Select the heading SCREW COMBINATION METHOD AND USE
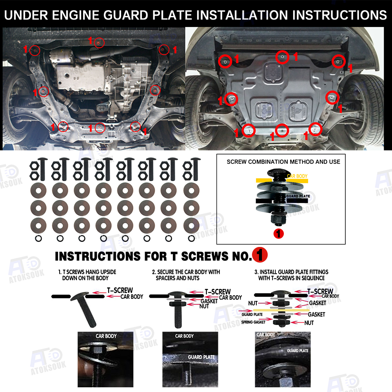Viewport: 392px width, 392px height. coord(283,162)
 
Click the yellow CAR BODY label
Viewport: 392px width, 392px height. coord(297,176)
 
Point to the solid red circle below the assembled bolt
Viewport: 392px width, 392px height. coord(278,234)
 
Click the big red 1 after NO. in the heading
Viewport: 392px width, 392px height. coord(260,255)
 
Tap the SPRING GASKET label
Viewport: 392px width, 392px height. coord(253,322)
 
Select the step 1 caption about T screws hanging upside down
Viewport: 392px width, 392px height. coord(87,275)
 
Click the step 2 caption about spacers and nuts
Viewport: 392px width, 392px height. coord(186,275)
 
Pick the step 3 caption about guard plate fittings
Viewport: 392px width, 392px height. coord(291,275)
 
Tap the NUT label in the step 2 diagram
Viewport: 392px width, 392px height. coord(204,306)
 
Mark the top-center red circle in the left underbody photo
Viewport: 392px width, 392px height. coord(99,43)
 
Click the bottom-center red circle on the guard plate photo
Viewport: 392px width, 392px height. coord(282,131)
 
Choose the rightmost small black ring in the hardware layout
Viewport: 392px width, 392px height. coord(192,238)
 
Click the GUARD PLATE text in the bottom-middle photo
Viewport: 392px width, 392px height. coord(201,357)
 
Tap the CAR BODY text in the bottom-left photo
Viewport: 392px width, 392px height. coord(106,336)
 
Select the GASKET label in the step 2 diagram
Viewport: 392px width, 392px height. coord(209,301)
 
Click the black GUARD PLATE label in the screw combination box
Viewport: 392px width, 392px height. coord(298,196)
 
